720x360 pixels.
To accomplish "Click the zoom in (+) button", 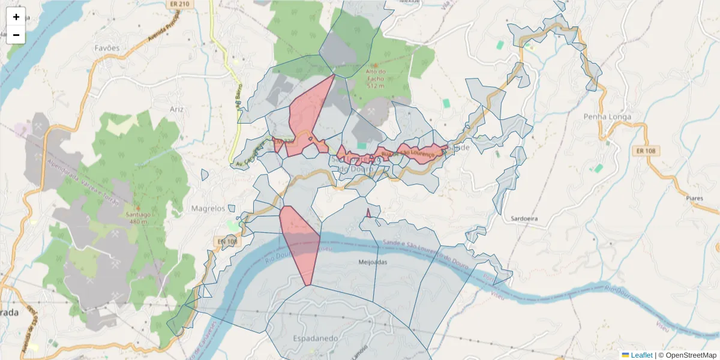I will coord(16,17).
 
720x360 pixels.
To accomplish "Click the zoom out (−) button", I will coord(16,35).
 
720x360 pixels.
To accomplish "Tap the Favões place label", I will coord(107,47).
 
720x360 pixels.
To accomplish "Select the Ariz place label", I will coord(176,109).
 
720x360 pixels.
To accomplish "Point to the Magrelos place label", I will coord(208,208).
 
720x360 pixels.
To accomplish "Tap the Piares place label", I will coord(694,197).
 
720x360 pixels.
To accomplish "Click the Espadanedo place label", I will coord(315,338).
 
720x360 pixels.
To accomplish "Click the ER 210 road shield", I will coord(179,4).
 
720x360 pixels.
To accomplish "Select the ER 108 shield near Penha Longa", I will coord(647,151).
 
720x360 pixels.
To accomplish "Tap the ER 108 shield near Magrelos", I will coord(225,241).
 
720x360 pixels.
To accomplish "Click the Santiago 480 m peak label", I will coord(137,217).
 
